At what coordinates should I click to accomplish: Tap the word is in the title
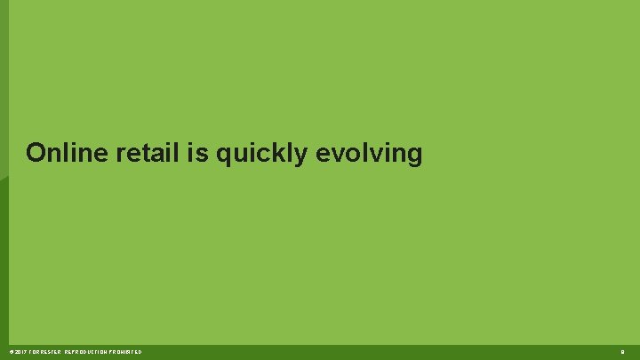196,153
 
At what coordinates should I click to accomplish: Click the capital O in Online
36,153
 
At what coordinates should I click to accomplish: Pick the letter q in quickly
222,156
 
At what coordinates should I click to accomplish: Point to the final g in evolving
414,156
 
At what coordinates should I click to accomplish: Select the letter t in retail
145,153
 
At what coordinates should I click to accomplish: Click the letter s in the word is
201,155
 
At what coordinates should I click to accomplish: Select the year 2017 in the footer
18,353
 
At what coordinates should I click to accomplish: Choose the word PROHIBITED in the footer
126,353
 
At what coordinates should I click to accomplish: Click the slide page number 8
623,353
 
